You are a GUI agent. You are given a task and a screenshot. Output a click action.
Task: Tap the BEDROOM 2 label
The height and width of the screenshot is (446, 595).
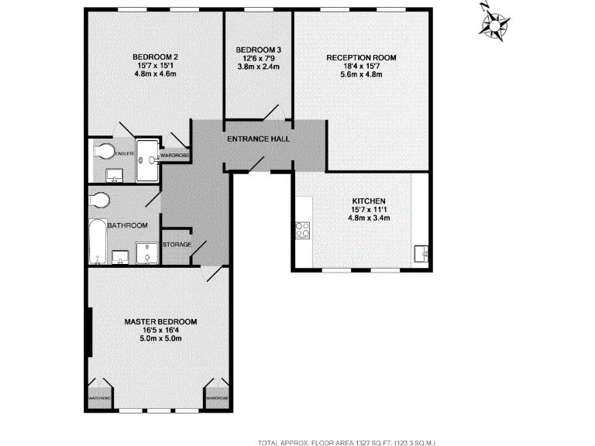click(x=156, y=57)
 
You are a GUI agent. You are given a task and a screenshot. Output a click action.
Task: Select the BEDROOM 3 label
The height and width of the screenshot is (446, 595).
click(x=258, y=50)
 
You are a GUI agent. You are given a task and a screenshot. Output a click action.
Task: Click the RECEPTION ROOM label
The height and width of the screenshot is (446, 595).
click(x=361, y=58)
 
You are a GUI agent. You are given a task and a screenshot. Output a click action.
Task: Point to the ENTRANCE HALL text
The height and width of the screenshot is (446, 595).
click(x=258, y=139)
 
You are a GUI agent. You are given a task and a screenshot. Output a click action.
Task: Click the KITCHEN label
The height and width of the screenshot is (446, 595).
click(x=369, y=200)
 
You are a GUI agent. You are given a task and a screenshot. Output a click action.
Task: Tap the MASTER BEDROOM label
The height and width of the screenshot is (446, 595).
click(x=161, y=321)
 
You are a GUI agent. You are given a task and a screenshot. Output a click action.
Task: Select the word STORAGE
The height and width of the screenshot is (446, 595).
click(x=177, y=245)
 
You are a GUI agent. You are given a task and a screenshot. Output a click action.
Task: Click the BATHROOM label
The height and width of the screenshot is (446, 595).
click(x=128, y=225)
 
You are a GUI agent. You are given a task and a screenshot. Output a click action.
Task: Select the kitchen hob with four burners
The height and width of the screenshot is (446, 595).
click(x=302, y=230)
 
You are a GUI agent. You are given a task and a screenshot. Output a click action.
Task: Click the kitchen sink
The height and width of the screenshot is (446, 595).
click(x=421, y=252)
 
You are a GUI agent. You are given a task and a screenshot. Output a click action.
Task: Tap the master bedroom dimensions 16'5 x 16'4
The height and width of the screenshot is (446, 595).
click(x=161, y=330)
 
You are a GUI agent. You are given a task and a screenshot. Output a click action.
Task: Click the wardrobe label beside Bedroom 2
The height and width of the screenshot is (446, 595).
click(x=175, y=156)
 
